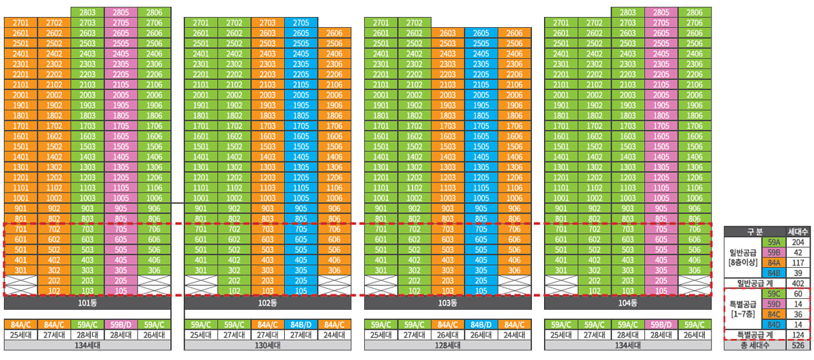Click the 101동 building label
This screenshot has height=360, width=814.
87,302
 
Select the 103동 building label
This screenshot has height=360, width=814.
448,302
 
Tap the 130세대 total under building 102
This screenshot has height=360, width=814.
267,346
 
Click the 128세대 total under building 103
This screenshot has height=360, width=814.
448,346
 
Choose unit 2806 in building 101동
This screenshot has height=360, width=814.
154,13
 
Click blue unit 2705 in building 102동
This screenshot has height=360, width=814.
301,22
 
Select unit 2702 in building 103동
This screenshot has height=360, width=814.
414,22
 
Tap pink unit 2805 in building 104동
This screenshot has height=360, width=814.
661,13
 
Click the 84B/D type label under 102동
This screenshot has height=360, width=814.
301,324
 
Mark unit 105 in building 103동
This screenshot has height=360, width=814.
481,290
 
